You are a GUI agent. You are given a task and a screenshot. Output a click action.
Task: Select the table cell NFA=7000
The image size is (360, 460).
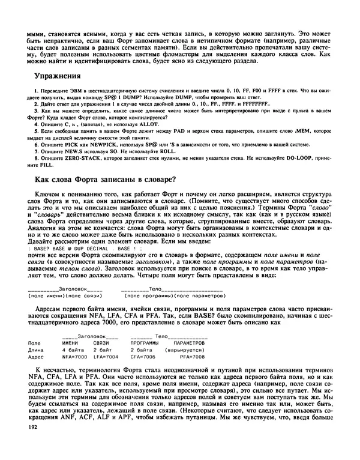[x=75, y=357]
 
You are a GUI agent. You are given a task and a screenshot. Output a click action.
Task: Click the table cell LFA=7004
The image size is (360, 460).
[x=106, y=357]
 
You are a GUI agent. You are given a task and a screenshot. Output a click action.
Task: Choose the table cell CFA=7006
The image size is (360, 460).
[x=144, y=357]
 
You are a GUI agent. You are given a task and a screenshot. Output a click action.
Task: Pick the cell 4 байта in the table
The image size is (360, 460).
[x=73, y=350]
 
